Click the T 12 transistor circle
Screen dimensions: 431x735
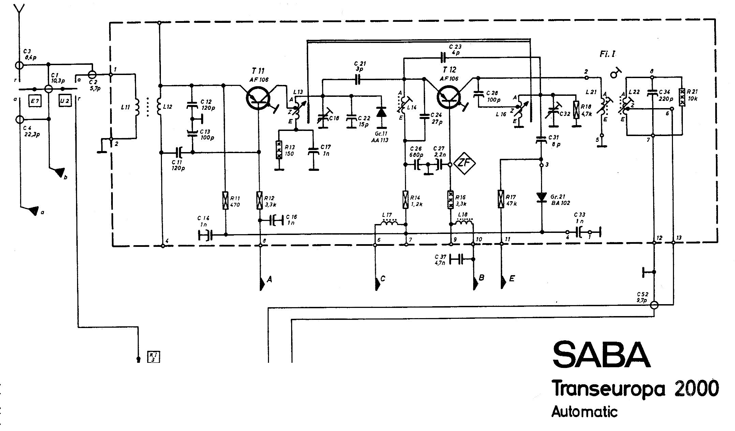pyautogui.click(x=449, y=96)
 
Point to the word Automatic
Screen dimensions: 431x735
pyautogui.click(x=584, y=411)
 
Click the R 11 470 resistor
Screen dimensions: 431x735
pyautogui.click(x=225, y=200)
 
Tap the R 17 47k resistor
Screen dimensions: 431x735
pyautogui.click(x=501, y=199)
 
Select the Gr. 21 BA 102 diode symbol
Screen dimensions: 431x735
pyautogui.click(x=541, y=197)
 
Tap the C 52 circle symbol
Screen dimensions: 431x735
pyautogui.click(x=654, y=304)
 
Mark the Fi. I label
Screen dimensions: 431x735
pyautogui.click(x=607, y=54)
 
